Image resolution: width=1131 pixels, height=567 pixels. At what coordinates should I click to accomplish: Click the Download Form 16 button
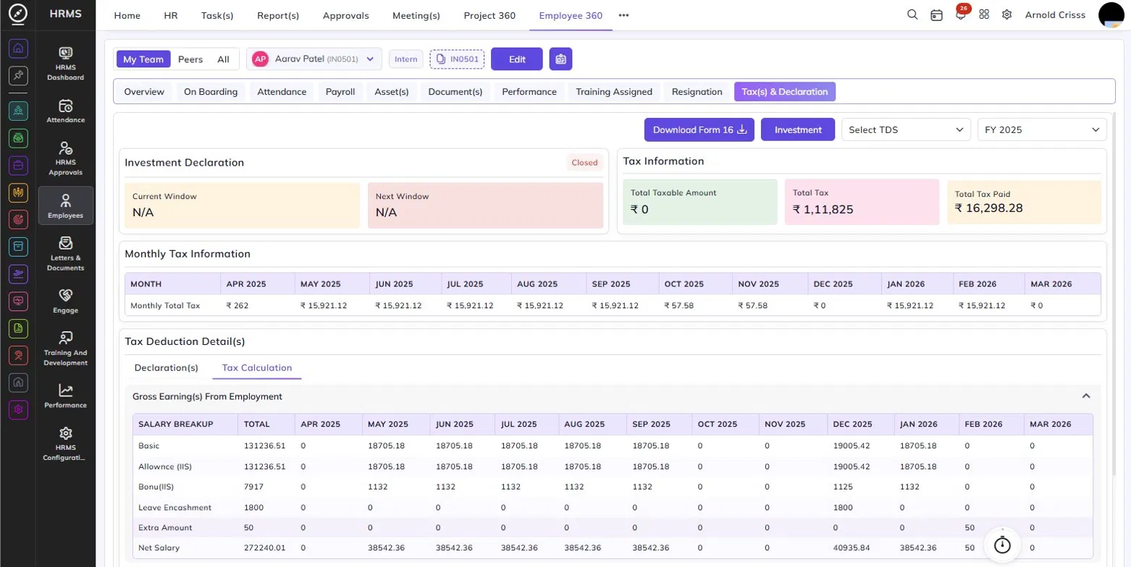click(x=699, y=129)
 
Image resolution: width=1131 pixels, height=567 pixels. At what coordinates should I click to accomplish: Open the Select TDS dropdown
click(x=906, y=129)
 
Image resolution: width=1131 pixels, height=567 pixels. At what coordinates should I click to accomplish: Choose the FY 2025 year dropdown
click(x=1042, y=129)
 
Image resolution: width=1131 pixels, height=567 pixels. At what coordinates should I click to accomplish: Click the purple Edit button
click(x=516, y=59)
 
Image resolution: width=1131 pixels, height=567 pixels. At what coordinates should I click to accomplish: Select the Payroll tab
click(x=340, y=91)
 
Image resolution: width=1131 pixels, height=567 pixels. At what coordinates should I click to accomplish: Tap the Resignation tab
click(x=697, y=91)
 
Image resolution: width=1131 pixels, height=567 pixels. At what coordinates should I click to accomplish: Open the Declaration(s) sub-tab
click(x=166, y=367)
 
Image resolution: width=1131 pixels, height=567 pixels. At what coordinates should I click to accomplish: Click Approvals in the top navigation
click(x=346, y=15)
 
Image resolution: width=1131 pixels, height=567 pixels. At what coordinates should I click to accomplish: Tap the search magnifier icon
click(x=912, y=14)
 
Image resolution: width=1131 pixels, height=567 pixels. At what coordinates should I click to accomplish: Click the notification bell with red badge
click(x=960, y=14)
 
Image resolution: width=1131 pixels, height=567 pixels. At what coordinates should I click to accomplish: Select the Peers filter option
click(x=190, y=59)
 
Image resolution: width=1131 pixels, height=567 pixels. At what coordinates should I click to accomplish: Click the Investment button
click(x=798, y=129)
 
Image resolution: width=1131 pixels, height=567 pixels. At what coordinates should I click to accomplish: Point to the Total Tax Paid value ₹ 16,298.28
click(x=988, y=208)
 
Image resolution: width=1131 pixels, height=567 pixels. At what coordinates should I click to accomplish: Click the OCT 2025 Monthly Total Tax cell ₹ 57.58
click(x=678, y=305)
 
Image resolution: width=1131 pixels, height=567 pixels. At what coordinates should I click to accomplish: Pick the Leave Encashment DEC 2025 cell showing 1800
click(x=843, y=507)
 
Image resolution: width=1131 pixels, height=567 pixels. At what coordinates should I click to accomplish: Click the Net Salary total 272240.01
click(x=264, y=547)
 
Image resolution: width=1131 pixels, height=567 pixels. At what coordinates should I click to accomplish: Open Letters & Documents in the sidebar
click(x=66, y=254)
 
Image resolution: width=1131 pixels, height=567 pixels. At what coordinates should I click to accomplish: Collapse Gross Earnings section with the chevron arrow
click(x=1086, y=396)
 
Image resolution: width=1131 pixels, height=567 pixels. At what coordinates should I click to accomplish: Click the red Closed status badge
click(x=584, y=163)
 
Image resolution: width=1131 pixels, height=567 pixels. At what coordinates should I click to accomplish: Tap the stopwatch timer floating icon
click(x=1002, y=545)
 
